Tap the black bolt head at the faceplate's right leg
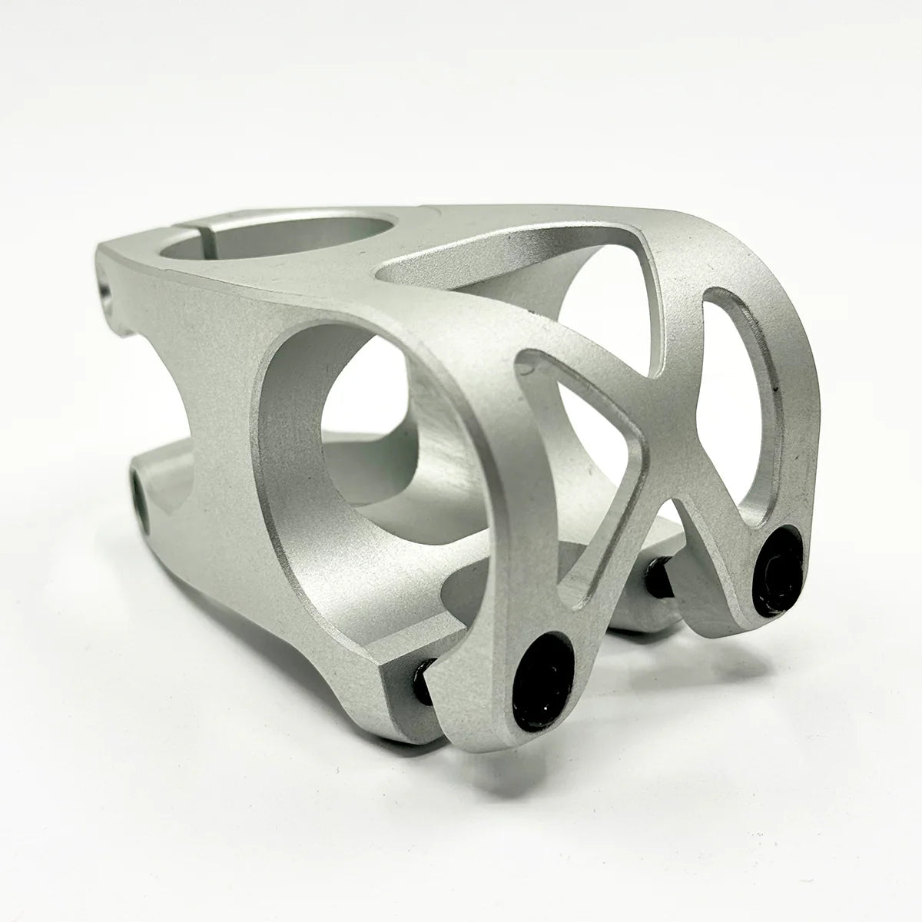pyautogui.click(x=778, y=570)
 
